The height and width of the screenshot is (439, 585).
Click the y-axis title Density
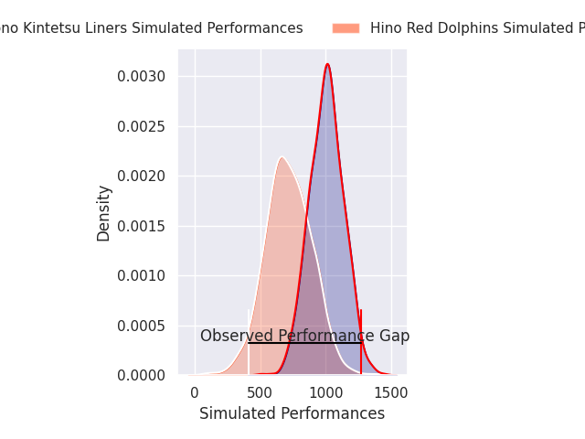103,213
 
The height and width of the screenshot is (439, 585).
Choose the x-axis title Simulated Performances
292,413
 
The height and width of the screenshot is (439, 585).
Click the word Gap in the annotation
394,336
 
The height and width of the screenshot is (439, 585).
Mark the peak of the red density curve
327,64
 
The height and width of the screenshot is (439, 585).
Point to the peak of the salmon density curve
282,157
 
